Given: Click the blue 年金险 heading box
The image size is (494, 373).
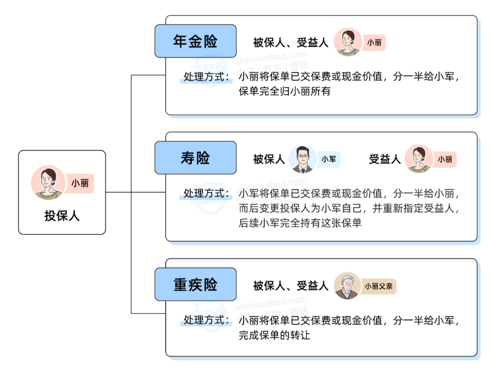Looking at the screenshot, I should pos(195,41).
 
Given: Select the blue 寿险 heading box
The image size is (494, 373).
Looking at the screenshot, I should pos(195,158).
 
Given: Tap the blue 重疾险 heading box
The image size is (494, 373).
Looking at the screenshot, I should pos(195,284).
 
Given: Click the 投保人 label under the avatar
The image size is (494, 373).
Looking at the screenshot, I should pos(62,216).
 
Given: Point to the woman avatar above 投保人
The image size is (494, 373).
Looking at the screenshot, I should pos(48,183).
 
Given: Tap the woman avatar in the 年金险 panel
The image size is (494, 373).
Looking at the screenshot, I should pos(348,43).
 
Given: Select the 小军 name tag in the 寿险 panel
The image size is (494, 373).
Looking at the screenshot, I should pos(328,159).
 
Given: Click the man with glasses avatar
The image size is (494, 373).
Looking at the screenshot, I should pos(302,159).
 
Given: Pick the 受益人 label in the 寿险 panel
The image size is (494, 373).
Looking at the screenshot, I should pos(385,159).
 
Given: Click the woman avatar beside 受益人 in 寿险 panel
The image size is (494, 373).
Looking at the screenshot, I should pos(419,159).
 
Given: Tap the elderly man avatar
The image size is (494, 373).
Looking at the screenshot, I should pos(348,286).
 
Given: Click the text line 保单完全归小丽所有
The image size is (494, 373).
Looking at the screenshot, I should pos(285,92).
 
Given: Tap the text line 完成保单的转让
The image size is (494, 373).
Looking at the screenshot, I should pos(274,335).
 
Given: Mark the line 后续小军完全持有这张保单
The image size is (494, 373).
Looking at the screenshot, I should pos(300,223).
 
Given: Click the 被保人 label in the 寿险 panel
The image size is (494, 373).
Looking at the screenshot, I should pos(269,159).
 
